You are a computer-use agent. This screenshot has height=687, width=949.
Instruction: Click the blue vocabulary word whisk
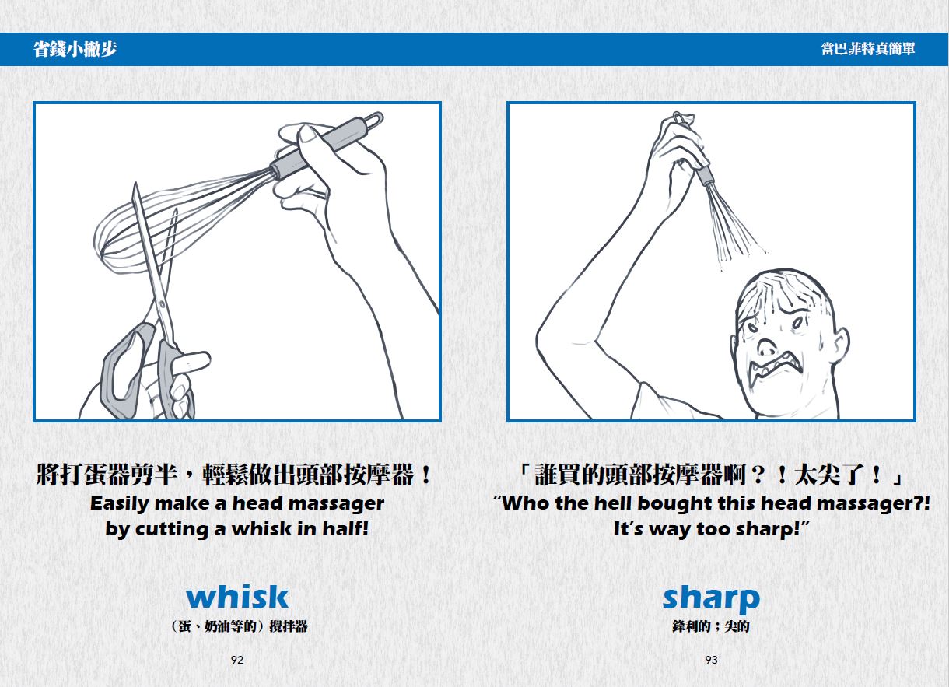[x=237, y=597]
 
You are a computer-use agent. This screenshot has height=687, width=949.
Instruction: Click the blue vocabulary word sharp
[x=711, y=599]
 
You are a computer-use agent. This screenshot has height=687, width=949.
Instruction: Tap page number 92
[x=237, y=660]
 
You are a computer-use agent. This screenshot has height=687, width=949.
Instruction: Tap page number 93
[x=711, y=660]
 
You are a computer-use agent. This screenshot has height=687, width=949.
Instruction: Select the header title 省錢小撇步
[x=75, y=49]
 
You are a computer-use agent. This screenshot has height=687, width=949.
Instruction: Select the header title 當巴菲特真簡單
[x=868, y=49]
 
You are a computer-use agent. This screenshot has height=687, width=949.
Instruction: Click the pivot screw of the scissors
[x=162, y=303]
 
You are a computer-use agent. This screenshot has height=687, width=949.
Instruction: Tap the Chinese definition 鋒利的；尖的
[x=711, y=626]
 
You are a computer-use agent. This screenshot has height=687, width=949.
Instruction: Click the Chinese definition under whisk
[x=239, y=626]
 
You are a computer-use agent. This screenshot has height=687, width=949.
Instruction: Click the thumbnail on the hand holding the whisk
[x=307, y=135]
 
